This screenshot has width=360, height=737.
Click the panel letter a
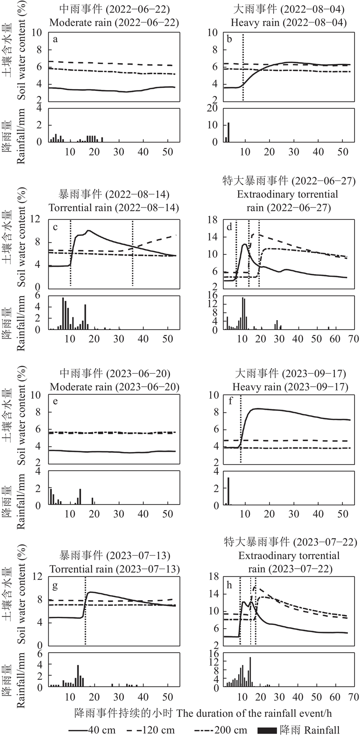coord(55,40)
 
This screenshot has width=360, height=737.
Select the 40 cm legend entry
coord(92,730)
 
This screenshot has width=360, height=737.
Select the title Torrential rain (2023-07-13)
coord(114,569)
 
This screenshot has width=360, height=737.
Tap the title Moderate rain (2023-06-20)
coord(114,387)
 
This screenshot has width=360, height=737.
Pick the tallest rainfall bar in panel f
coord(229,491)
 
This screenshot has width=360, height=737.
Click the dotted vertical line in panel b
coord(243,68)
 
